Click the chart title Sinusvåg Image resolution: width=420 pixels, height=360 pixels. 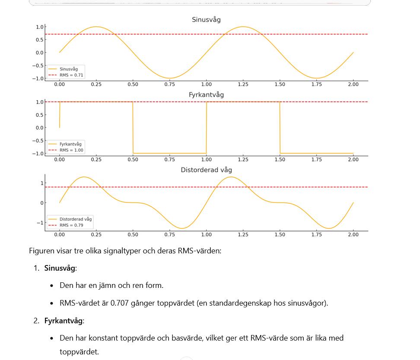[x=206, y=20]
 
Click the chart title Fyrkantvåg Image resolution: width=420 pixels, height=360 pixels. [x=206, y=95]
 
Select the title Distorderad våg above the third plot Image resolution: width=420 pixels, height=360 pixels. [x=206, y=170]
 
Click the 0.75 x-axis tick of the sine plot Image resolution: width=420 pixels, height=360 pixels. [x=169, y=85]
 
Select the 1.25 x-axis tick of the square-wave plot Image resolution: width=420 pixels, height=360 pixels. [x=243, y=160]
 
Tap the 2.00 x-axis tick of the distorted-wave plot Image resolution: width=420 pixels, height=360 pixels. [x=353, y=235]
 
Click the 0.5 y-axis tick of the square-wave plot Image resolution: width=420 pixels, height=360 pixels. [x=39, y=115]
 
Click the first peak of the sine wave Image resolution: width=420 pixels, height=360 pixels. [x=96, y=27]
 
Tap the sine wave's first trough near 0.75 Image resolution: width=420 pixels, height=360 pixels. [x=170, y=78]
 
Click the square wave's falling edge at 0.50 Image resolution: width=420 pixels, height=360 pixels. [x=133, y=128]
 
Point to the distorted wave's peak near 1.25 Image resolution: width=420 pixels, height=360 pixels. [x=231, y=177]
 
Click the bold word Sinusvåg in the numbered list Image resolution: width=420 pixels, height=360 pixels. [x=60, y=268]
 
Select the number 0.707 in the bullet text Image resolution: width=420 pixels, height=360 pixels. [x=119, y=303]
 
